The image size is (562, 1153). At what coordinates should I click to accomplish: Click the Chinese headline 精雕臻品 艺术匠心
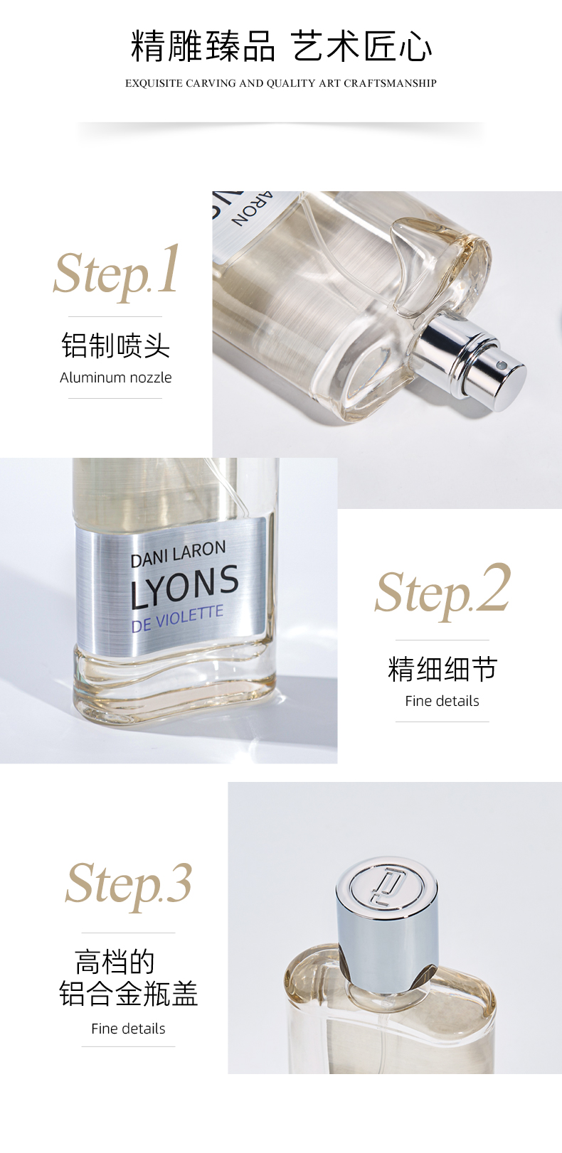coord(281,46)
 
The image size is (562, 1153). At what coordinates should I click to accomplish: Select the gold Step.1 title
coord(117,274)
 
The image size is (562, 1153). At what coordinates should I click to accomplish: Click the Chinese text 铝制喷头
coord(115,345)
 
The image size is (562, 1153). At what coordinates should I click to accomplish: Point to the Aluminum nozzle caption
coord(115,377)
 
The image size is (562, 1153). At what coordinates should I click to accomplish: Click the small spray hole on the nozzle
coord(499,365)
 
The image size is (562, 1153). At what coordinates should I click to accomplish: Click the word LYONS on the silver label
coord(184,586)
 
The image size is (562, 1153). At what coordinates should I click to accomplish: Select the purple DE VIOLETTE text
coord(177,618)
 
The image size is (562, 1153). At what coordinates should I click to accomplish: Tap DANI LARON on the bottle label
coord(179,554)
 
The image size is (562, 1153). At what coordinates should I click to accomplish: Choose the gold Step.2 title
coord(442,593)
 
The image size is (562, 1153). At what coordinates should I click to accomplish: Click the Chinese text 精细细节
coord(442,669)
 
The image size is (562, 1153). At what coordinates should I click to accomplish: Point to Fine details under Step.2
coord(442,701)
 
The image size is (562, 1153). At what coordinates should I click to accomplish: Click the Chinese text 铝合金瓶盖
coord(128,993)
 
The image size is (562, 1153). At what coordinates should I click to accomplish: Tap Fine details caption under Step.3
coord(128,1029)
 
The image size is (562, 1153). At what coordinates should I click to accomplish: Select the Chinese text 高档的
coord(115,962)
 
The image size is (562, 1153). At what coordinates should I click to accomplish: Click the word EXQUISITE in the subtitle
coord(154,83)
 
